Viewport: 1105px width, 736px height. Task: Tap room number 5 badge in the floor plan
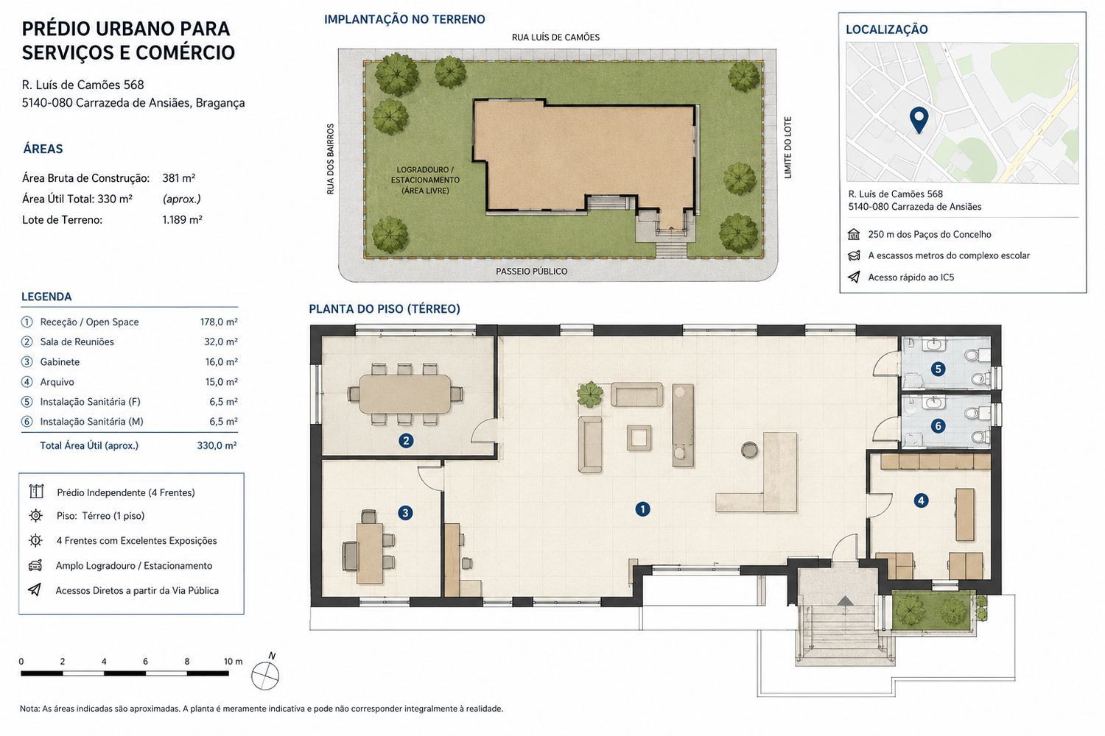(x=938, y=369)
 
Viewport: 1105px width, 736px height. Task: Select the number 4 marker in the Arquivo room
(x=921, y=501)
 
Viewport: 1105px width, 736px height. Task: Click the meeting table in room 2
(x=404, y=394)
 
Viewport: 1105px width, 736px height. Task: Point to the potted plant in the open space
(x=590, y=394)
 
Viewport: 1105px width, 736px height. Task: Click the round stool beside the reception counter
(x=750, y=450)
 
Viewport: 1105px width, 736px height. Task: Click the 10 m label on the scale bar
(x=233, y=662)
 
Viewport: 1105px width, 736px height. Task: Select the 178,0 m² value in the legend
(x=219, y=322)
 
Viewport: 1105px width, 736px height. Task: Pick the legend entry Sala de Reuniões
(x=77, y=342)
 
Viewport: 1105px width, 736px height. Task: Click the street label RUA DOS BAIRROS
(x=331, y=159)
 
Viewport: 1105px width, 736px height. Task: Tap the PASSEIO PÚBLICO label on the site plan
(x=531, y=271)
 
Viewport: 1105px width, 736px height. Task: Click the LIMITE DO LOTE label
(x=787, y=147)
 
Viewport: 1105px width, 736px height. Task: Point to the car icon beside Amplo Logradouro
(x=35, y=565)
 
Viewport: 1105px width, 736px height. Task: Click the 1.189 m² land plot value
(x=182, y=220)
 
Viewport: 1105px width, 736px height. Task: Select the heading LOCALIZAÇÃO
(x=886, y=29)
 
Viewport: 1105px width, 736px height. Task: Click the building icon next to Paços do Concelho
(x=853, y=234)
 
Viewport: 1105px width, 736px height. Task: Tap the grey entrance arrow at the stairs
(x=845, y=601)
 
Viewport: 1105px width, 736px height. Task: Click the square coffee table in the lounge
(x=639, y=438)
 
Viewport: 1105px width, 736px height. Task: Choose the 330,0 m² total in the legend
(x=217, y=445)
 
